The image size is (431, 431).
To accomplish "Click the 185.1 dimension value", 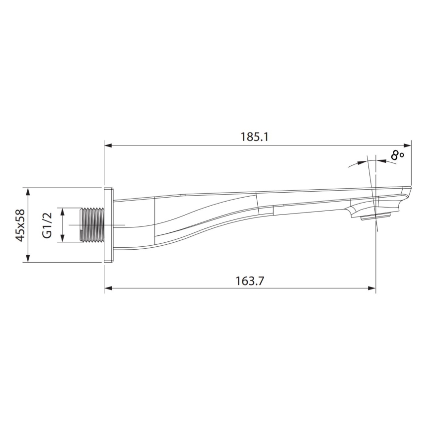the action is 254,137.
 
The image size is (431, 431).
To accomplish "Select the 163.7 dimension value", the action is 250,281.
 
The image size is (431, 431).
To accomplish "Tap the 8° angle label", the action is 397,155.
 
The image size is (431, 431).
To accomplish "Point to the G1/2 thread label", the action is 47,225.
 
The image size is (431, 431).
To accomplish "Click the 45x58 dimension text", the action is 20,225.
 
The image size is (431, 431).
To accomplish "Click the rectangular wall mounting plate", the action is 108,225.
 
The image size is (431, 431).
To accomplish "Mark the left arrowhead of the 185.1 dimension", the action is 108,145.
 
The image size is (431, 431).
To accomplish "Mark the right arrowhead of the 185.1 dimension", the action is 407,145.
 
